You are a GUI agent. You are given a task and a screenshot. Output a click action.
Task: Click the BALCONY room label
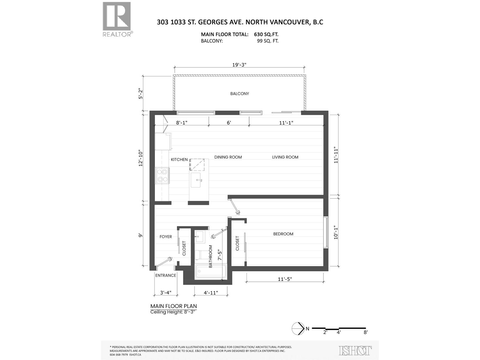[x=239, y=94]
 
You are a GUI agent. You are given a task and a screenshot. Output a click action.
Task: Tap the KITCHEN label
[x=179, y=160]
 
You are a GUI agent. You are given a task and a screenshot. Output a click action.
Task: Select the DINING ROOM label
[x=228, y=157]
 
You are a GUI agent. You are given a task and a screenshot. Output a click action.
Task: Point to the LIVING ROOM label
[x=285, y=157]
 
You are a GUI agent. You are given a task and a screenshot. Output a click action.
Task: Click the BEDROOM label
[x=283, y=234]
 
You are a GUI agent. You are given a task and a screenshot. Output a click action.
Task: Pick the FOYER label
[x=166, y=237]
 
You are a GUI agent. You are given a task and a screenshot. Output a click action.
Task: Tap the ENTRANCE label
[x=166, y=275]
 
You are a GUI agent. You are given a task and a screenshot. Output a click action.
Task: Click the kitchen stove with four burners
[x=162, y=175]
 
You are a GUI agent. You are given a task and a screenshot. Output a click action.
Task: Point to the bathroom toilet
[x=198, y=255]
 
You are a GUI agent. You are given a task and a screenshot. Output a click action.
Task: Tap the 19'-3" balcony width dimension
[x=239, y=64]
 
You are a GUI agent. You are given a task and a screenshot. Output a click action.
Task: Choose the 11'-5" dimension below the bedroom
[x=285, y=279]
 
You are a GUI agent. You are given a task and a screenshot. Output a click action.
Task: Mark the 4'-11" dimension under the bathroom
[x=211, y=293]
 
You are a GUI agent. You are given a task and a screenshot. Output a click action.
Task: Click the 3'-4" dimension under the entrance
[x=165, y=293]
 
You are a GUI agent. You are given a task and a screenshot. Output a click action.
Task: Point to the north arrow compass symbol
[x=297, y=328]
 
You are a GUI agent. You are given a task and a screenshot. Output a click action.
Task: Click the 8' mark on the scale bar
[x=365, y=332]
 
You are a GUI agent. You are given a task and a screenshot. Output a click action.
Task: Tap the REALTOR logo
[x=117, y=19]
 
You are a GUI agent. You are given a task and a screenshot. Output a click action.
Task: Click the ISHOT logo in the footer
[x=355, y=350]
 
